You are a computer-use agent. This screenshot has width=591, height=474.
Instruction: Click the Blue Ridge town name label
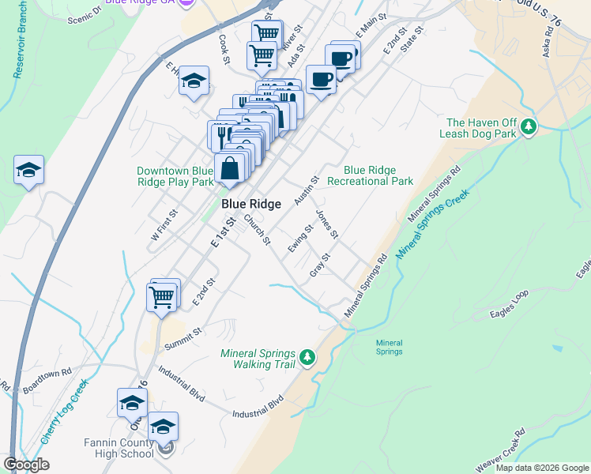[x=250, y=204]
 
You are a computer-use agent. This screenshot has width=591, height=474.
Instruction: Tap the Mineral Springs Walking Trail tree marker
[x=307, y=359]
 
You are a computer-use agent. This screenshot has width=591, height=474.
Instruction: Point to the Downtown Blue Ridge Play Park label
[x=175, y=176]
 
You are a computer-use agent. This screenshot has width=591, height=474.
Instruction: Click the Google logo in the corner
[x=25, y=465]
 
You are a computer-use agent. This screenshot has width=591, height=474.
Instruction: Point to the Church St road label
[x=258, y=229]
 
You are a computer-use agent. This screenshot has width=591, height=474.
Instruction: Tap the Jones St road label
[x=327, y=224]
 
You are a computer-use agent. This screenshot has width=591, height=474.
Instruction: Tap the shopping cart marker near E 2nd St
[x=161, y=298]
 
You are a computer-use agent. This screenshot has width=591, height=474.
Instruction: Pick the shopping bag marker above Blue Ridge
[x=229, y=169]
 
